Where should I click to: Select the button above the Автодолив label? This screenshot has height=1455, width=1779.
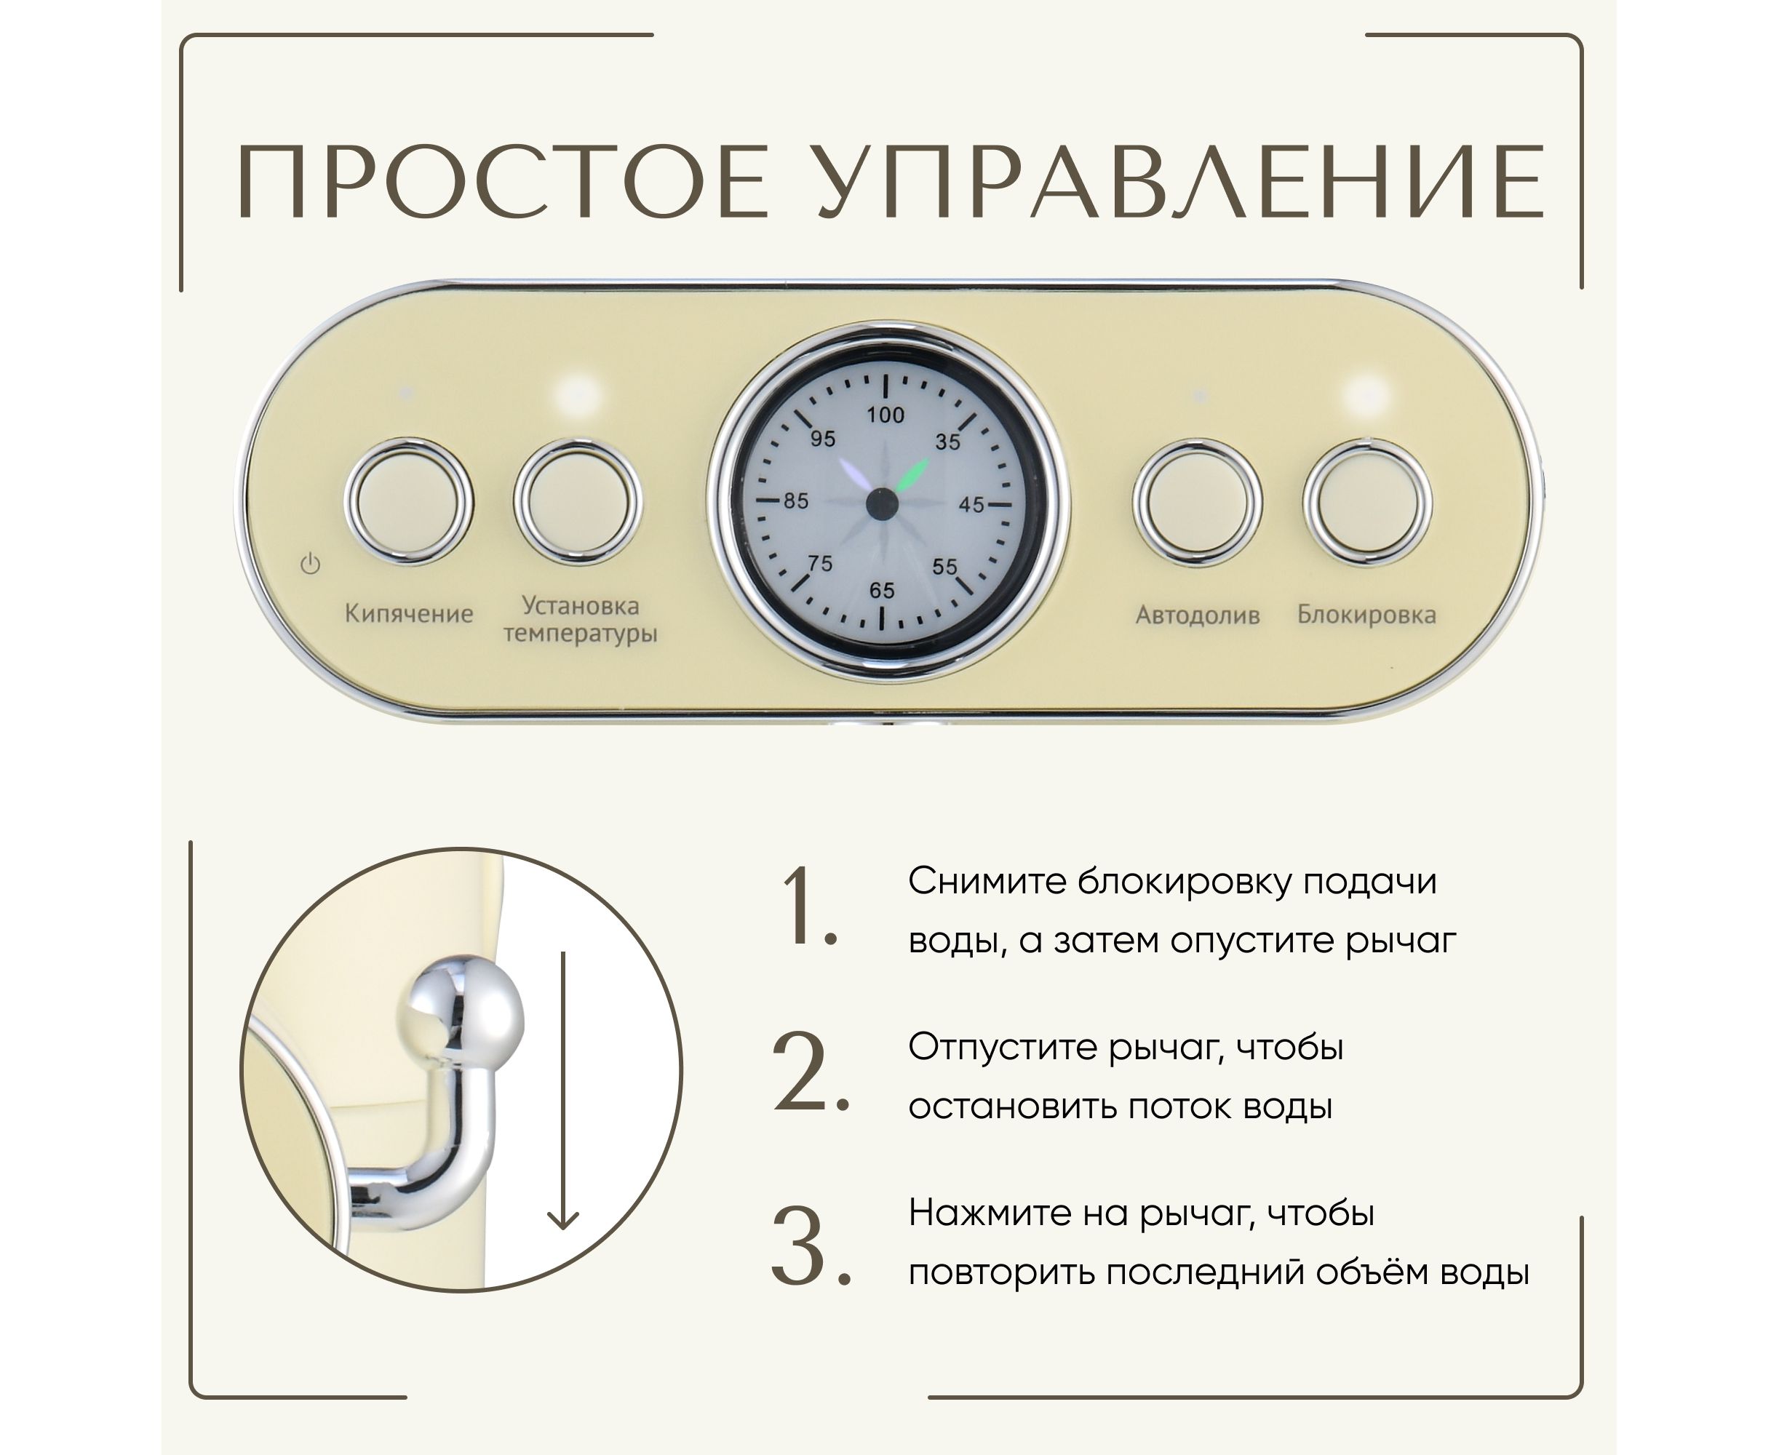tap(1197, 503)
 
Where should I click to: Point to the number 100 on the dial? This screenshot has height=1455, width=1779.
tap(885, 415)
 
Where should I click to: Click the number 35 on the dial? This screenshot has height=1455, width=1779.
tap(947, 442)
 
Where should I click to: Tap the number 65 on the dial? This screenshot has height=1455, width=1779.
tap(881, 591)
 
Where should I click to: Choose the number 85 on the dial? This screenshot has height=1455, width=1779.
tap(795, 501)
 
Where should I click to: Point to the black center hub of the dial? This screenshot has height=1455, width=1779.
tap(881, 503)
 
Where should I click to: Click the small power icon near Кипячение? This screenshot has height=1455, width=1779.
tap(310, 564)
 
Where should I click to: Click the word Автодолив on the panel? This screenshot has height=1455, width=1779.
tap(1197, 615)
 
